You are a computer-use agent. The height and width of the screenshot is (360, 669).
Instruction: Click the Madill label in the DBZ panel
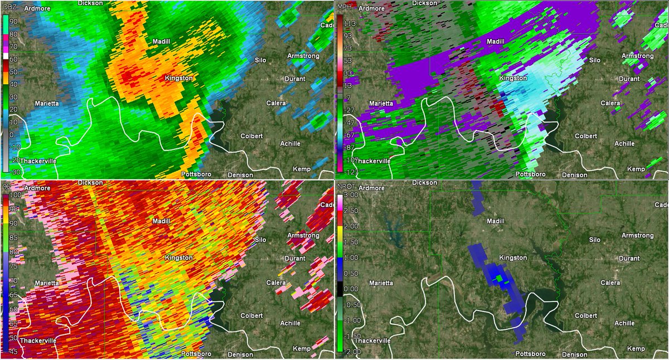[161, 42]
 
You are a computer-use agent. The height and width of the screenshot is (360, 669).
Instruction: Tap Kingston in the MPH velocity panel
[512, 78]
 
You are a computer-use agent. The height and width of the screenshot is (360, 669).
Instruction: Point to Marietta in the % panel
[46, 283]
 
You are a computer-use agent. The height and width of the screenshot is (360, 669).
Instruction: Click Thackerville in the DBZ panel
[39, 160]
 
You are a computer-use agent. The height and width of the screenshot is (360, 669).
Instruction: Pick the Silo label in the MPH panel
[595, 60]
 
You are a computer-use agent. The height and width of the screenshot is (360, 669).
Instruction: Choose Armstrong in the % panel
[303, 236]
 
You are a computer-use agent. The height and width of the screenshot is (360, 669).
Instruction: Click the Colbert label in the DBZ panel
[251, 135]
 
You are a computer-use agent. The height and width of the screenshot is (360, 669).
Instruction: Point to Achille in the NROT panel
[623, 323]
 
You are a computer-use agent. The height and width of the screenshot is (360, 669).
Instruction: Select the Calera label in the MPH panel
[610, 103]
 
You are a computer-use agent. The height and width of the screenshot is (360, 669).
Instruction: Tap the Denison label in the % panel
[240, 354]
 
